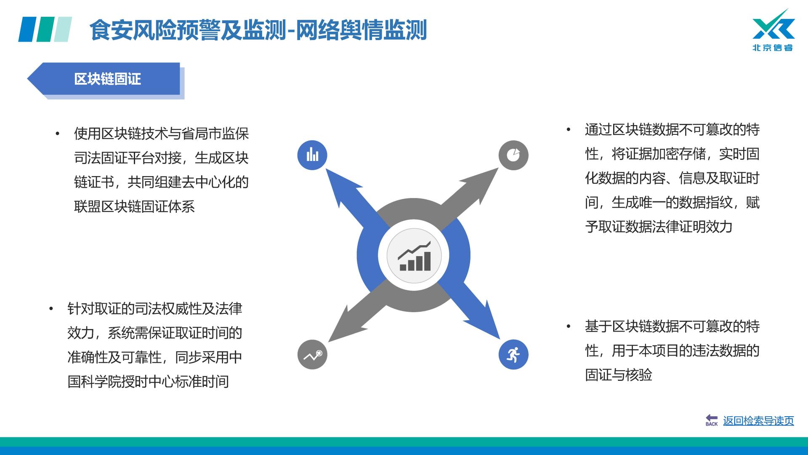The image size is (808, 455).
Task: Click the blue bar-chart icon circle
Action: coord(312,155)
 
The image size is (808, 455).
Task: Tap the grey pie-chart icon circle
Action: coord(513,155)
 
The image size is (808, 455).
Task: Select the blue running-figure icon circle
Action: coord(513,355)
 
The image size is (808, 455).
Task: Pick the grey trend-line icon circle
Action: coord(312,355)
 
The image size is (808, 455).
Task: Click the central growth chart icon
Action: coord(415,256)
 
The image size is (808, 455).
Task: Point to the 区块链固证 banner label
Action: coord(107,79)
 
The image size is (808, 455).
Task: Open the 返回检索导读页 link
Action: coord(758,421)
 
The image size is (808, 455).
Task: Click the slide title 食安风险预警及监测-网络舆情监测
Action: coord(258,30)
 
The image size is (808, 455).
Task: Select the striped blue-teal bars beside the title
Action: coord(45,29)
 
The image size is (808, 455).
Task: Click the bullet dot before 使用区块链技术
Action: coord(58,134)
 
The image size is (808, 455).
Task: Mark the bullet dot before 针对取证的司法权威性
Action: coord(51,309)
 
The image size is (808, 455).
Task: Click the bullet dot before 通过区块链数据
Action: coord(568,130)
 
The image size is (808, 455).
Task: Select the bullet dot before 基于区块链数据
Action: coord(568,327)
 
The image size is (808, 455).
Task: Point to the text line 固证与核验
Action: coord(619,375)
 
